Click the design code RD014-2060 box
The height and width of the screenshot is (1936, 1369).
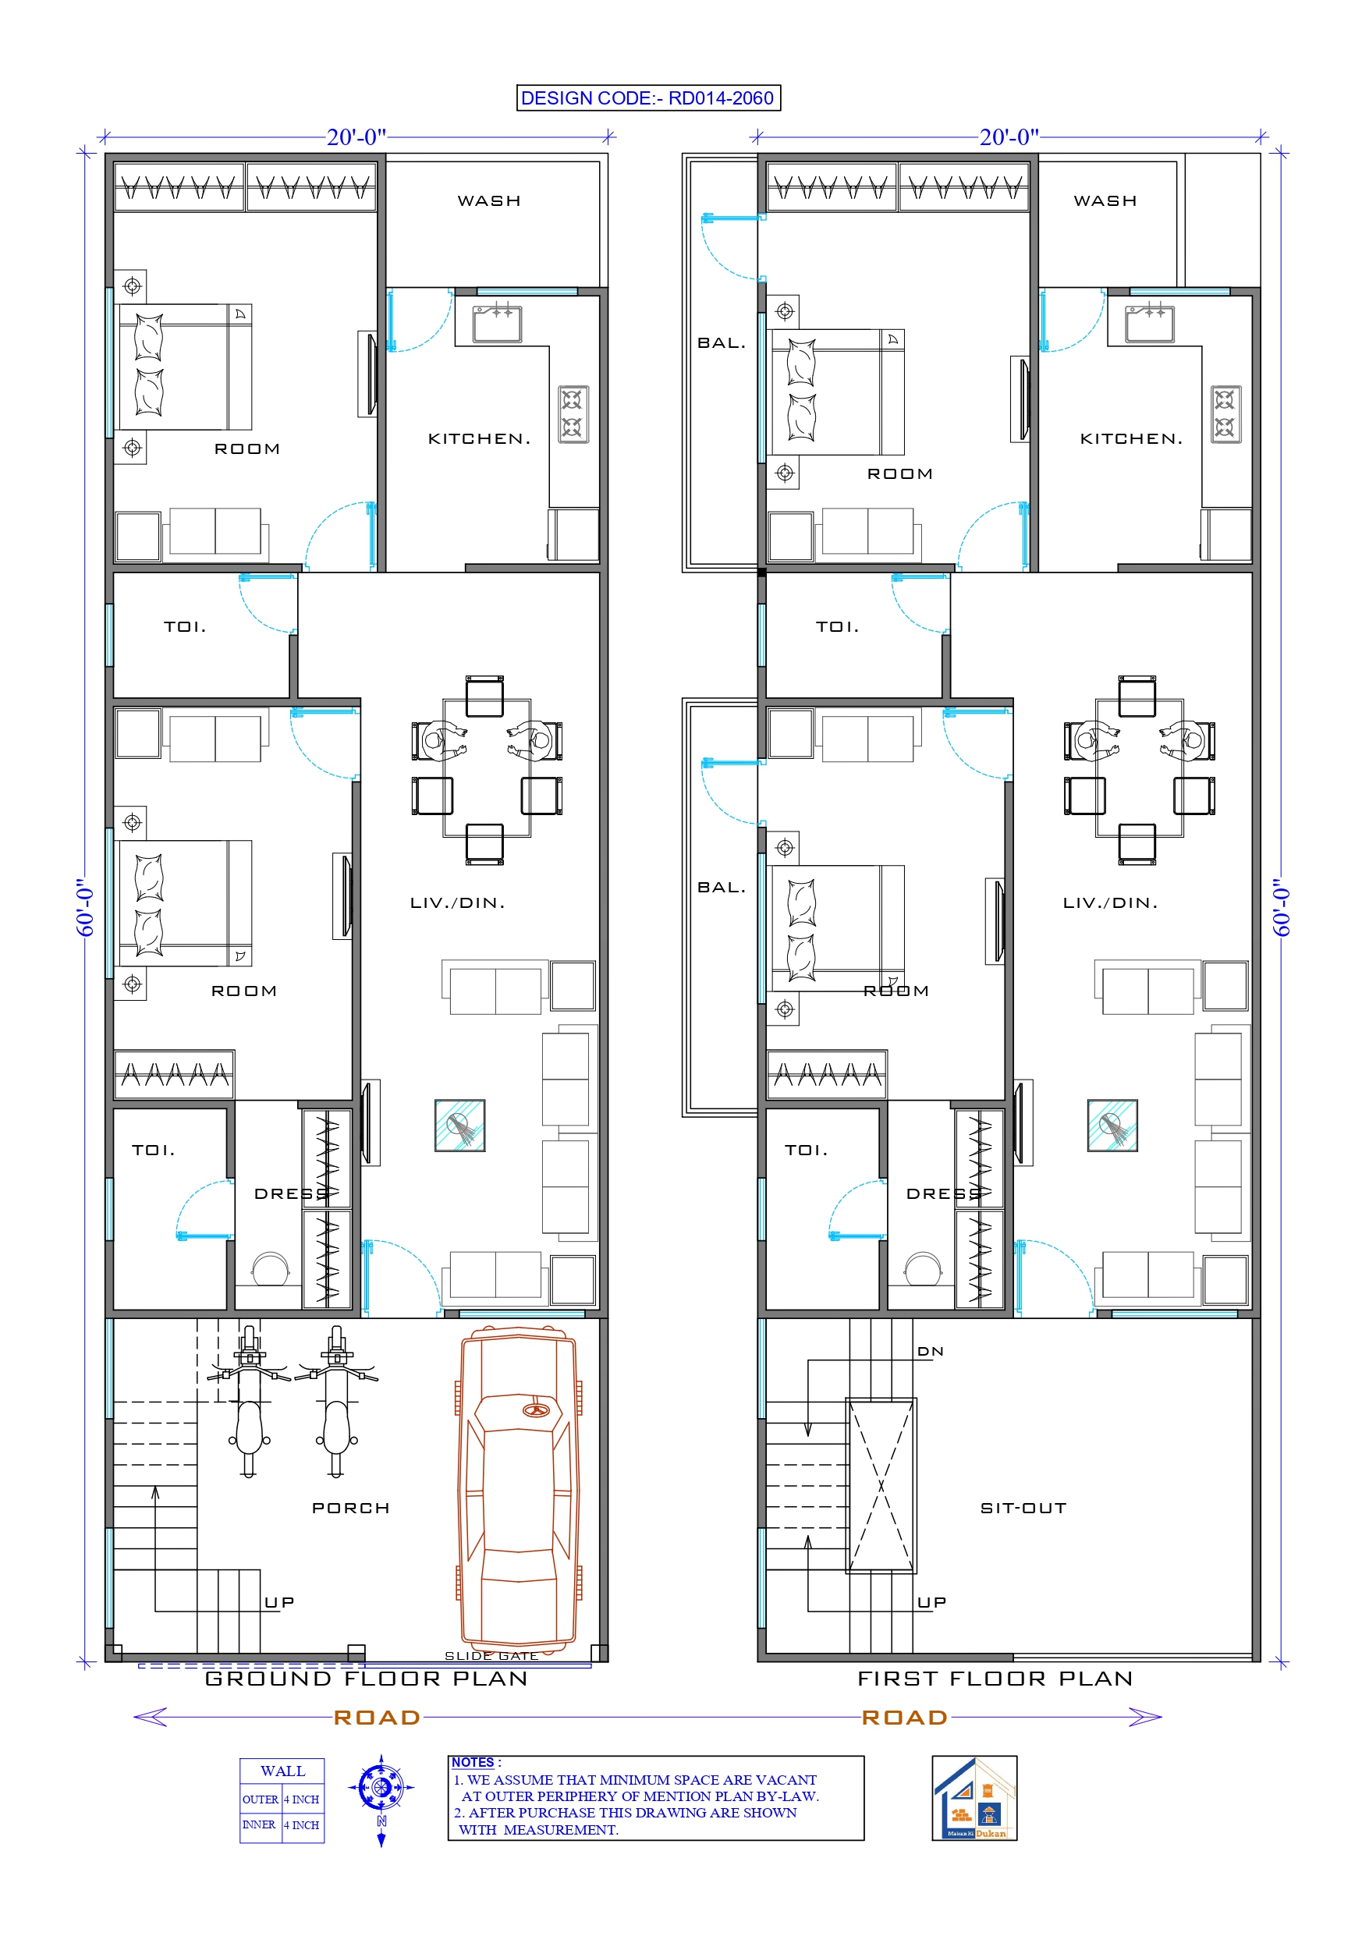click(x=647, y=98)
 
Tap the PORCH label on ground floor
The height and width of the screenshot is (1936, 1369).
click(x=351, y=1508)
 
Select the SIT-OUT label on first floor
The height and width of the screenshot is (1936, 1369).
click(x=1023, y=1508)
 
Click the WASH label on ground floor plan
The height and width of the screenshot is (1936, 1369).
click(x=489, y=200)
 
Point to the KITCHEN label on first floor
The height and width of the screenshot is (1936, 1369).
click(x=1131, y=438)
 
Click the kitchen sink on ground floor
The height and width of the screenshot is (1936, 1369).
click(x=497, y=323)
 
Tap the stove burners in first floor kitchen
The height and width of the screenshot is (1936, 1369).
click(x=1225, y=414)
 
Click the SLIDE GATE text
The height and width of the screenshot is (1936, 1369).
click(x=491, y=1656)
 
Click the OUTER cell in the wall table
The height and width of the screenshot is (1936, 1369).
click(x=260, y=1799)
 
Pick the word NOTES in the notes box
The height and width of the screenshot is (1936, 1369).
click(x=473, y=1762)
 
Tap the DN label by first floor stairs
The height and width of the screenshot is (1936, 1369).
click(x=931, y=1352)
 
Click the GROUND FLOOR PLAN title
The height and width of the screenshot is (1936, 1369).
click(x=367, y=1679)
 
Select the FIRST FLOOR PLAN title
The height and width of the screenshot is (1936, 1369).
click(x=995, y=1679)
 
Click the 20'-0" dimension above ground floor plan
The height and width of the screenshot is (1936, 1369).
click(x=356, y=137)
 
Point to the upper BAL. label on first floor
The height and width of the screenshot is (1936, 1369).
click(x=722, y=343)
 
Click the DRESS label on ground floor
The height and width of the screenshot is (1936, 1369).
click(x=291, y=1194)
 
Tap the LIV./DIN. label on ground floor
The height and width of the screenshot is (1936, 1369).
click(x=457, y=903)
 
